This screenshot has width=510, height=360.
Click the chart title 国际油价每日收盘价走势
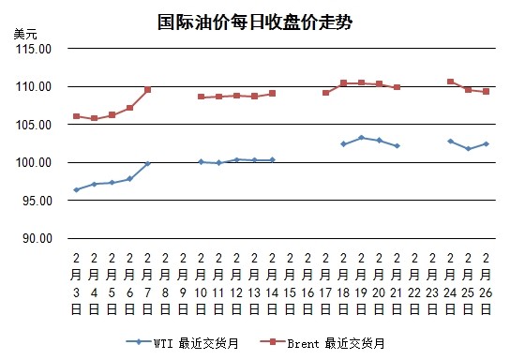pos(255,22)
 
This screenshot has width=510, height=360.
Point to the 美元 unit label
pos(25,34)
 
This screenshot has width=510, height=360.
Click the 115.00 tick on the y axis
pos(34,49)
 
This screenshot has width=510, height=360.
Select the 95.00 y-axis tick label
pos(37,201)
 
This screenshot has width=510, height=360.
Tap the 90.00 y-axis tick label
pos(37,239)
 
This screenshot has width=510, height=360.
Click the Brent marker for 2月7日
pos(148,89)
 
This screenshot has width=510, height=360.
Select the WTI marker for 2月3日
pos(77,189)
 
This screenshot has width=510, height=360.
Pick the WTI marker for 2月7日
pos(148,163)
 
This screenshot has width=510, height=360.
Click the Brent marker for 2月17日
pos(325,93)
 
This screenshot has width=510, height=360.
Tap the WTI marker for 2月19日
pos(361,138)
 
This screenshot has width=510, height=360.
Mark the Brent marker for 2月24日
pos(451,82)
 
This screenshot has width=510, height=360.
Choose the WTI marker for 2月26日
pos(486,143)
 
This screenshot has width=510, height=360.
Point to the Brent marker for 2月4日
pos(95,118)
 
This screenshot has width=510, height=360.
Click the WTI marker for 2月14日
pos(272,159)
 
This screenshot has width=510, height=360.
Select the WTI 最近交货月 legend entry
pos(183,343)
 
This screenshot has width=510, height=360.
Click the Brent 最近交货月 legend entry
pos(322,343)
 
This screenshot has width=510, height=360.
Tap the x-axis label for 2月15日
pos(290,283)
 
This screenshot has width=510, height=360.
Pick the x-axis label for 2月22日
pos(414,283)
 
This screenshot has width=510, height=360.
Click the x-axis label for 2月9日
pos(183,283)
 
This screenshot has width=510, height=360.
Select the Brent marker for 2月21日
pos(397,87)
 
